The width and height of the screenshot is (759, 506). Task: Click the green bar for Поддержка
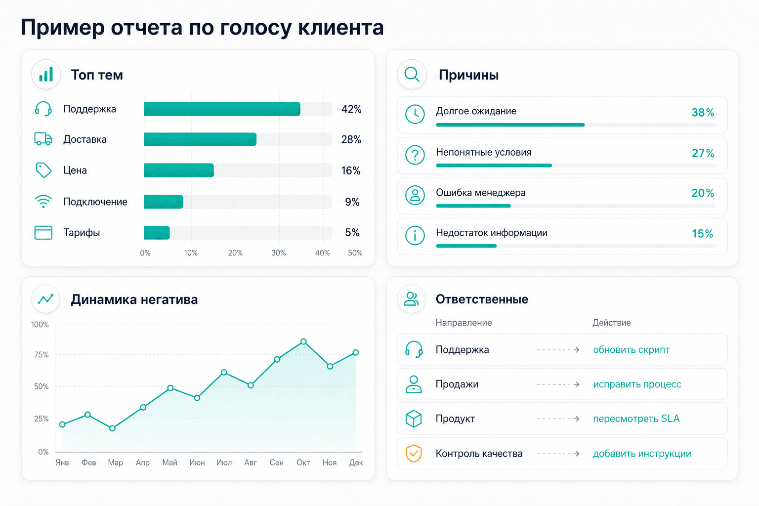tap(222, 109)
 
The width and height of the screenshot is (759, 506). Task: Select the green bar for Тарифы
tap(157, 233)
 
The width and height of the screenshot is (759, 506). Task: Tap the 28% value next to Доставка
tap(351, 139)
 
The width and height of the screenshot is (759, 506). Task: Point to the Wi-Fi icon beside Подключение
tap(43, 202)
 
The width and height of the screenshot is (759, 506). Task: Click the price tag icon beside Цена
tap(43, 170)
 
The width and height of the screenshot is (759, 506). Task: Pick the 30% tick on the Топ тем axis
tap(279, 253)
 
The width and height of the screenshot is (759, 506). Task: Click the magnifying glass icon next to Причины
tap(412, 75)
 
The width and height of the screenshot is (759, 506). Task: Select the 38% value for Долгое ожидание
tap(703, 113)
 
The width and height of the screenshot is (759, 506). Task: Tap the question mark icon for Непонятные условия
tap(415, 155)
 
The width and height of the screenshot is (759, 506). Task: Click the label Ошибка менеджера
tap(480, 193)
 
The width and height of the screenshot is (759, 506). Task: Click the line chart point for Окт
tap(303, 341)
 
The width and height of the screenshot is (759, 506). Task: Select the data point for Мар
tap(113, 428)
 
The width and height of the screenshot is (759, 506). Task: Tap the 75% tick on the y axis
tap(42, 355)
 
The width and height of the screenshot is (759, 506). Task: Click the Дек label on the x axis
tap(356, 463)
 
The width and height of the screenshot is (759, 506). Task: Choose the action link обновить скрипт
tap(631, 350)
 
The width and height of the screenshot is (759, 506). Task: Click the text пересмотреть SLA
tap(636, 419)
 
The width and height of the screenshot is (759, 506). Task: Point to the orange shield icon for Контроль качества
tap(414, 454)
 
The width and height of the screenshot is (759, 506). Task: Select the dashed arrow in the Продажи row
tap(558, 384)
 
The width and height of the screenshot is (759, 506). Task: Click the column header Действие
tap(612, 323)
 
